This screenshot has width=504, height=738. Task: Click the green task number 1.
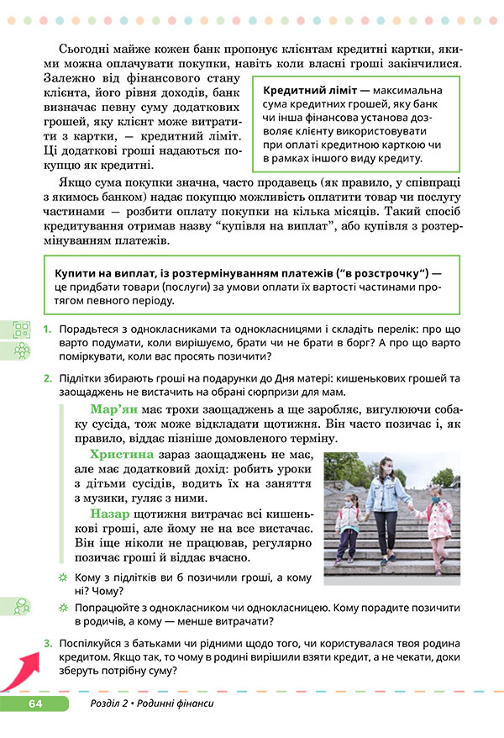48,329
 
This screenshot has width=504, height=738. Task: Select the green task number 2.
48,378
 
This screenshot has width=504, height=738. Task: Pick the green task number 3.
48,644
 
